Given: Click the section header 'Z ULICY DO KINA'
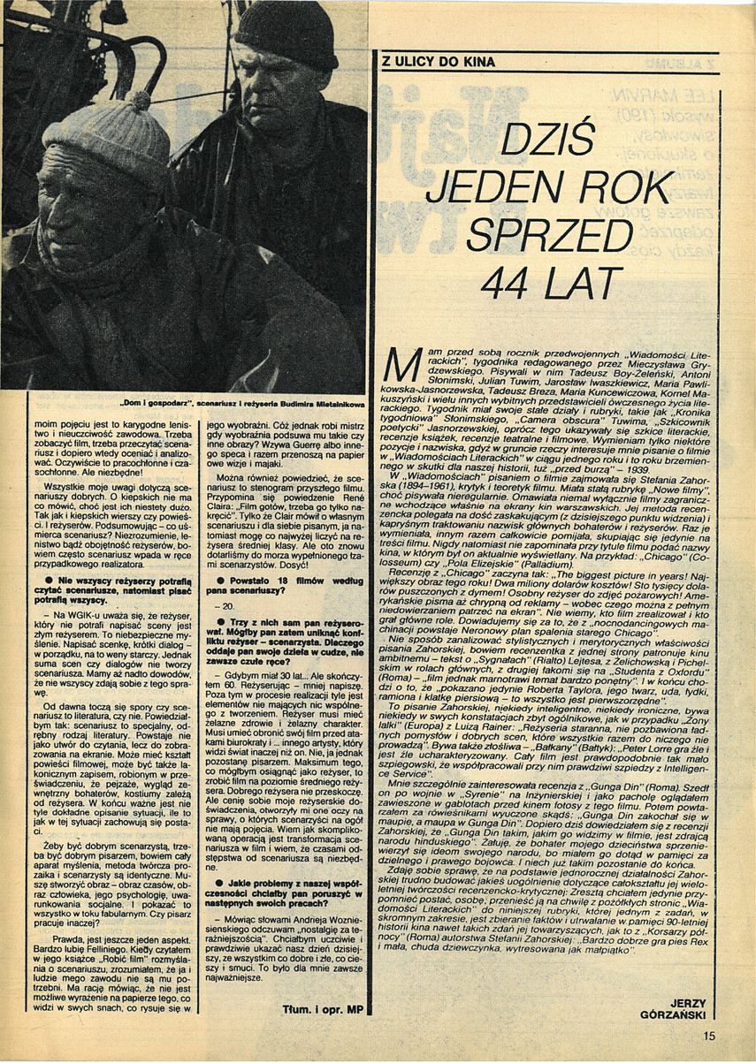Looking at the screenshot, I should (438, 63).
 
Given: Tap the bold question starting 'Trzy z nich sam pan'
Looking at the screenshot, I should (286, 649).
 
